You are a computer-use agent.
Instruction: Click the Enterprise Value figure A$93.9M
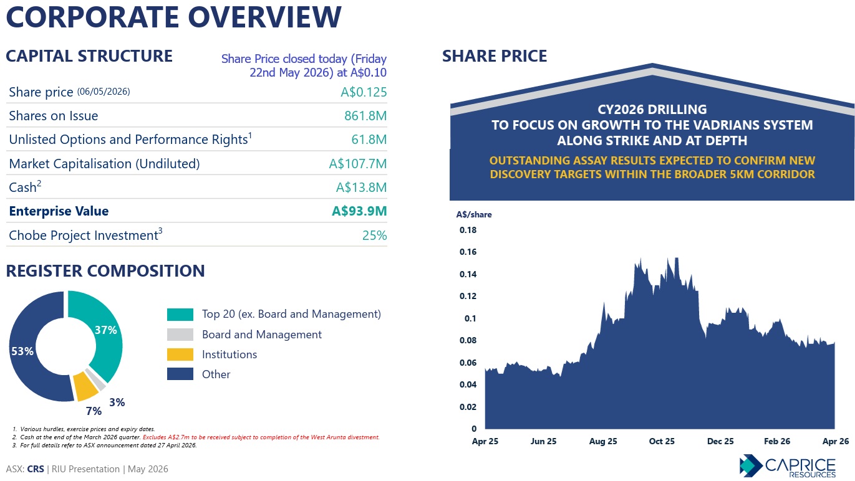click(x=359, y=211)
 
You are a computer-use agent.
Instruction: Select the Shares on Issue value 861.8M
click(x=365, y=116)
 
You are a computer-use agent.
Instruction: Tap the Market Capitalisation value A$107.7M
click(x=357, y=164)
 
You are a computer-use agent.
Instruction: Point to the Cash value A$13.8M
click(x=361, y=188)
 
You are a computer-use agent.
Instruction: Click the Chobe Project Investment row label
click(x=85, y=235)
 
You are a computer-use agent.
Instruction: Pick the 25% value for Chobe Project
click(x=374, y=236)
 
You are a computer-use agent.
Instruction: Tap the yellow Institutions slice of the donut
click(x=85, y=386)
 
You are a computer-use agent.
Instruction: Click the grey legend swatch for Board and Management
click(x=180, y=335)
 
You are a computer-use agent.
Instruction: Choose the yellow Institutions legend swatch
click(x=180, y=355)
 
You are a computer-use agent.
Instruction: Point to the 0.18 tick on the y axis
click(x=468, y=230)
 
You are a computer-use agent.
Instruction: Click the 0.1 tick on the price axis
click(x=470, y=318)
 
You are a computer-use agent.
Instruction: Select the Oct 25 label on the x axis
click(x=662, y=441)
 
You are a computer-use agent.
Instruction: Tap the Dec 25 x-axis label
click(x=720, y=441)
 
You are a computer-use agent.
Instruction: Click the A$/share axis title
click(x=474, y=215)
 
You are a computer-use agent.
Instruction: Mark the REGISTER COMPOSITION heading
click(x=105, y=271)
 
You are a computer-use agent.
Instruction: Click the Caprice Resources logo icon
click(x=751, y=465)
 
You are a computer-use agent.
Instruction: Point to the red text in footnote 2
click(x=261, y=437)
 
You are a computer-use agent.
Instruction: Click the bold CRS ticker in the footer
click(x=36, y=469)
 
